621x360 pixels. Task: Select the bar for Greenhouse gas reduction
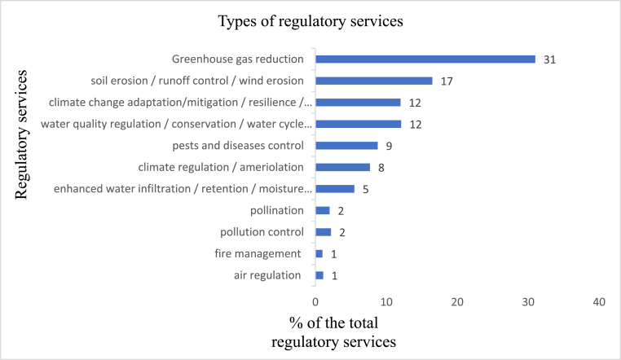coord(425,59)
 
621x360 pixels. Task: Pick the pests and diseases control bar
coord(346,146)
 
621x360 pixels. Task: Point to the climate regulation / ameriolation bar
coord(343,167)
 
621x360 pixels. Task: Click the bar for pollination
coord(323,210)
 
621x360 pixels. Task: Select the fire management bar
coord(319,253)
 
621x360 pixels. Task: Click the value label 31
coord(549,59)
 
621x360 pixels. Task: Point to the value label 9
coord(388,146)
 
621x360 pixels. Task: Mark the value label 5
coord(365,189)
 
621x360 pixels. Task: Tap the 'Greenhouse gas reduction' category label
coord(238,59)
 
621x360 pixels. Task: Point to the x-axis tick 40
coord(599,302)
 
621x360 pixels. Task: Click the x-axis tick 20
coord(457,302)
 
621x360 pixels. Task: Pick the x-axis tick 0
coord(315,302)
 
